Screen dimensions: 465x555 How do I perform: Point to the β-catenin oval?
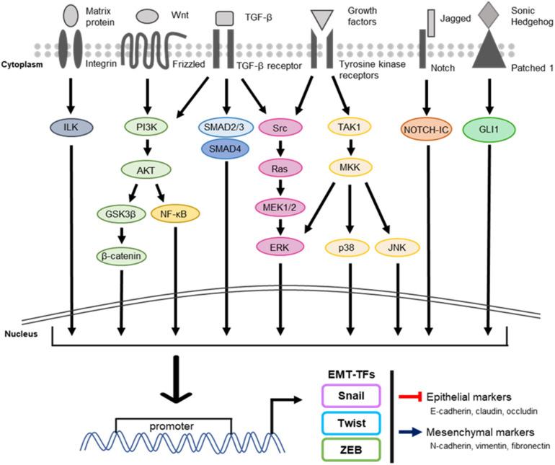coord(120,255)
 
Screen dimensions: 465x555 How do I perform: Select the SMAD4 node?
coord(227,148)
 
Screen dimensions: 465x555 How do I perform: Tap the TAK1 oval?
coord(350,128)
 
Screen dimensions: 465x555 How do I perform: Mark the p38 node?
coord(350,247)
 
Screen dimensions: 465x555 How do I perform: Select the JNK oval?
coord(396,247)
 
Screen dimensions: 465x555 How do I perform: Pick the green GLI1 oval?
coord(489,130)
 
